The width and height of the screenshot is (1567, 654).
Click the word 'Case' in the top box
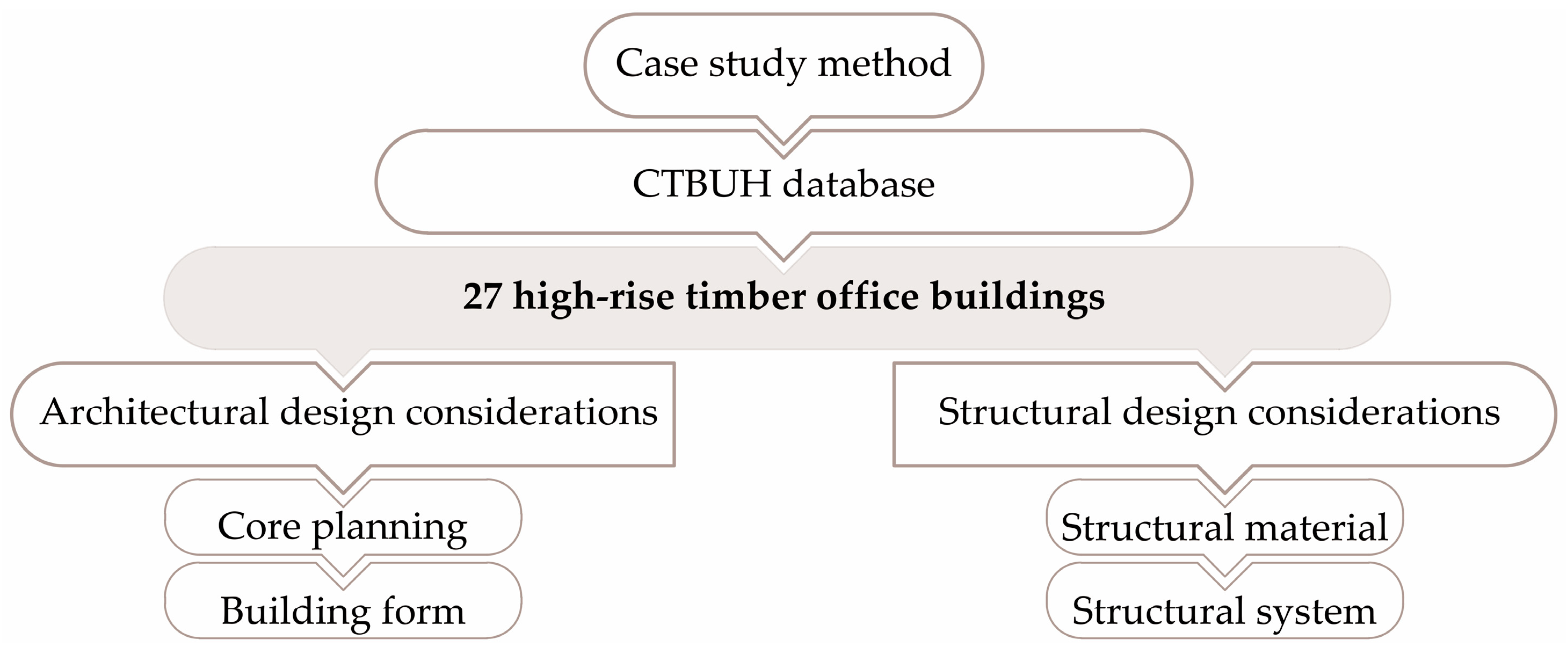[x=656, y=63]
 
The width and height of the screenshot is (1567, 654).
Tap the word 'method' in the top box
[x=884, y=63]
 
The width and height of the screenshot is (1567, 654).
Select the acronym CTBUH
[x=701, y=184]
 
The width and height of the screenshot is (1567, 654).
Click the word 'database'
[x=858, y=184]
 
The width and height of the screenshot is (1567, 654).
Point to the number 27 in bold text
[x=482, y=297]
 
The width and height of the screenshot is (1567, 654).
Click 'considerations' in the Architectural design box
[x=531, y=412]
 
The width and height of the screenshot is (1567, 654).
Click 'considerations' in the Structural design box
[x=1374, y=412]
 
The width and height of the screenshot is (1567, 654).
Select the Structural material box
[x=1224, y=527]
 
